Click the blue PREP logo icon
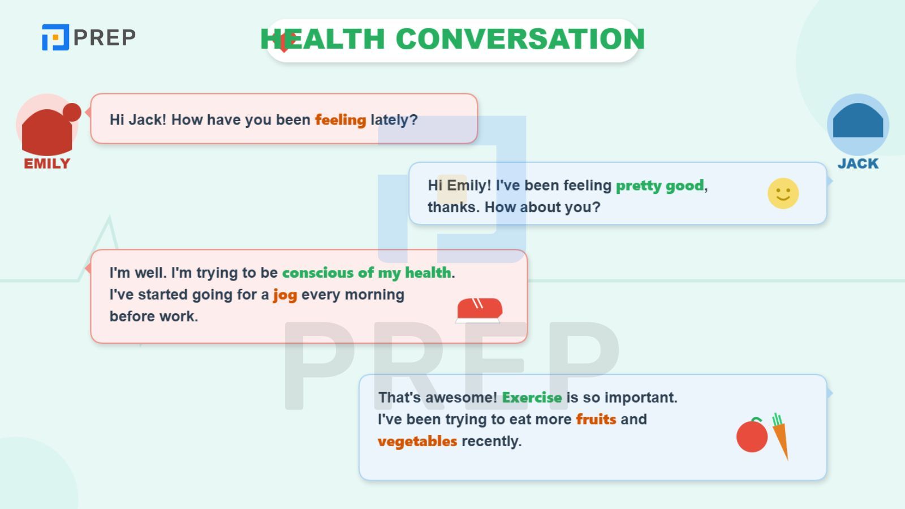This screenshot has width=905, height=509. [55, 37]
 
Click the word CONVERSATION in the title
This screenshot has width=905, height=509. [520, 39]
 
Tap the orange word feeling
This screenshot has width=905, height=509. [341, 120]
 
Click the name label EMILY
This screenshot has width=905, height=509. [47, 163]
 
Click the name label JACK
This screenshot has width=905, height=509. [857, 163]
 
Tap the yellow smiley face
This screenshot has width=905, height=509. [783, 193]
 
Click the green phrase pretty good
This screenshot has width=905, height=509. [660, 186]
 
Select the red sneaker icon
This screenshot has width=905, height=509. [479, 310]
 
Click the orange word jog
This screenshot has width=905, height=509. [285, 295]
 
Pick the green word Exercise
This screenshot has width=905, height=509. [532, 398]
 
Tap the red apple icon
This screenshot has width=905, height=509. [752, 435]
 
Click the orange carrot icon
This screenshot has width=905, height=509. [781, 436]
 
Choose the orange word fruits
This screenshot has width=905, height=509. [596, 419]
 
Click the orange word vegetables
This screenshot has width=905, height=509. [417, 442]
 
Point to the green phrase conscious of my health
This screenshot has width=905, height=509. [367, 273]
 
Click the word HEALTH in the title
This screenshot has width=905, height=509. [322, 39]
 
